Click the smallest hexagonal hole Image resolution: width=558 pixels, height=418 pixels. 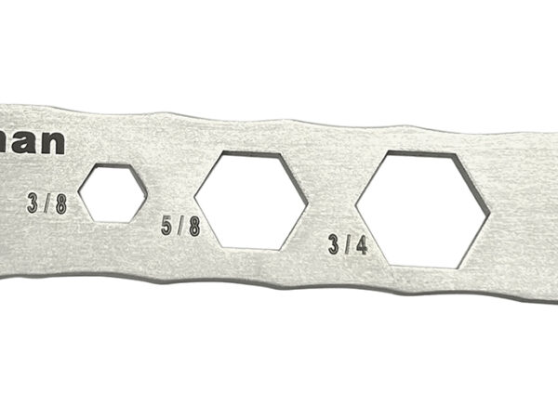(x=113, y=192)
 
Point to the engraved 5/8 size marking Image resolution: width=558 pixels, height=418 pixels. (x=179, y=225)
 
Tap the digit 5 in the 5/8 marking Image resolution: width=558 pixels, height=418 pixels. (x=167, y=225)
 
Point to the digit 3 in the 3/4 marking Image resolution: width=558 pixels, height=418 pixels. (x=333, y=246)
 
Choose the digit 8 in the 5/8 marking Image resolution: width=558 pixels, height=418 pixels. (x=193, y=225)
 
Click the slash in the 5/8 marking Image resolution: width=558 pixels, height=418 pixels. (x=180, y=225)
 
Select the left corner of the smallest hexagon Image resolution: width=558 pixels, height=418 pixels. (x=79, y=192)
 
